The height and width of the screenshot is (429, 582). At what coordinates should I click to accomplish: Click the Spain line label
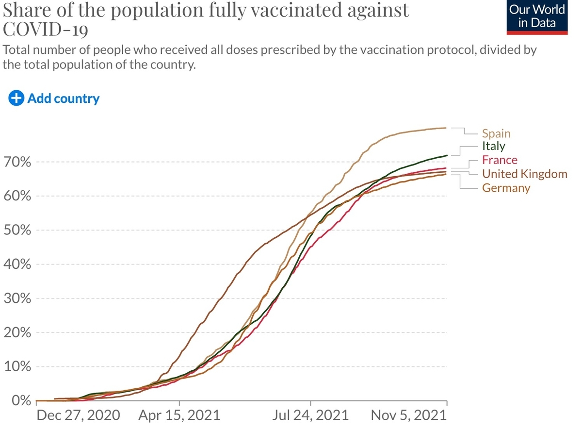point(496,134)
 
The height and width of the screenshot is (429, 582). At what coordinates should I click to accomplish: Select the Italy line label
point(494,146)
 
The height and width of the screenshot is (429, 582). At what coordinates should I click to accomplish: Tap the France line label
point(500,160)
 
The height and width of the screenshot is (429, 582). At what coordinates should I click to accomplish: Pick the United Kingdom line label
point(525,174)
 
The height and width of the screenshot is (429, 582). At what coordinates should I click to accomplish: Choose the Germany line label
point(506,188)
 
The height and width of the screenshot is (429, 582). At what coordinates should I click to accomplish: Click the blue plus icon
point(16,99)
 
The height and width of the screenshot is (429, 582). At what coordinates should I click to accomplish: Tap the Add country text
point(64,99)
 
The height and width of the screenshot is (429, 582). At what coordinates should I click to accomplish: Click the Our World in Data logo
point(537,17)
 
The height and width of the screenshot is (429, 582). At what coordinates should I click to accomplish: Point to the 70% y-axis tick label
point(17,162)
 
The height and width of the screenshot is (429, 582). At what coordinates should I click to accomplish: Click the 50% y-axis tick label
point(17,231)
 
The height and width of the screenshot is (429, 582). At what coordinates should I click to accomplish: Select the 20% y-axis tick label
point(17,333)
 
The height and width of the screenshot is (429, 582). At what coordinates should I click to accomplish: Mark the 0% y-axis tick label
point(21,401)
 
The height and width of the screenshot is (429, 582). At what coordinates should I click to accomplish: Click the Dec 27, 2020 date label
point(78,415)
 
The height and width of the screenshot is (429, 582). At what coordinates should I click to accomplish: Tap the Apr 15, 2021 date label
point(179,415)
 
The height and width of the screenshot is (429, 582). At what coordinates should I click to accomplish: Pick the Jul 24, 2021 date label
point(310,415)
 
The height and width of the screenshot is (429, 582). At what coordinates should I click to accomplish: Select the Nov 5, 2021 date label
point(409,415)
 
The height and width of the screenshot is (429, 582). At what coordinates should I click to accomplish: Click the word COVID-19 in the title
point(46,29)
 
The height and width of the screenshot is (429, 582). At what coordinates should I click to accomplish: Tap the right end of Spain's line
point(446,128)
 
